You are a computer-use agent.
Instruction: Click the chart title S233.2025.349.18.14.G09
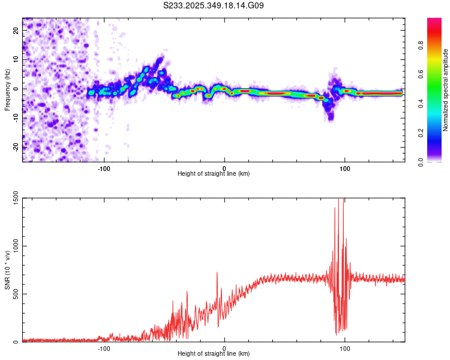(x=214, y=6)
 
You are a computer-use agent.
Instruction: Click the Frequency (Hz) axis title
(x=7, y=89)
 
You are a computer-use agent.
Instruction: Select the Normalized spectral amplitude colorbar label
(x=445, y=89)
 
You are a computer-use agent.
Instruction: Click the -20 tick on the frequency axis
(x=16, y=147)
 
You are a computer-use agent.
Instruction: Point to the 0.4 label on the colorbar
(x=437, y=103)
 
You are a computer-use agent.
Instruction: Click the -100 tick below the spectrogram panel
(x=104, y=167)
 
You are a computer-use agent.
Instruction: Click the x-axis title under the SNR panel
(x=214, y=355)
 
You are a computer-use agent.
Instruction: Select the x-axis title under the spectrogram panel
(x=214, y=174)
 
